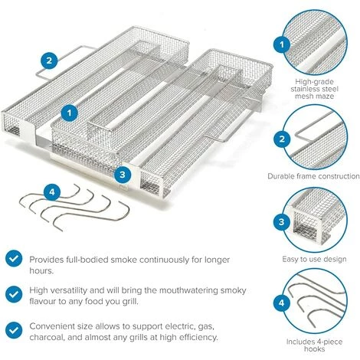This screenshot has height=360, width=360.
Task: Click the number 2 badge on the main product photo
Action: pyautogui.click(x=49, y=60)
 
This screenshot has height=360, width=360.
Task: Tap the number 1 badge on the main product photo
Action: pyautogui.click(x=69, y=113)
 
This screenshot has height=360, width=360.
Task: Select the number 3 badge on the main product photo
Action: pyautogui.click(x=123, y=175)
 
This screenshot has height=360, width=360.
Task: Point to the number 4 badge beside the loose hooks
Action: pyautogui.click(x=52, y=191)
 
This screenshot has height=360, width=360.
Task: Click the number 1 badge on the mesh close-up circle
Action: pyautogui.click(x=282, y=44)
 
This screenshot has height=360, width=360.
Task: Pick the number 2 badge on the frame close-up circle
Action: pyautogui.click(x=282, y=139)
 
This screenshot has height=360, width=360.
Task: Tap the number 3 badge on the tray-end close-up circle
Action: pyautogui.click(x=281, y=221)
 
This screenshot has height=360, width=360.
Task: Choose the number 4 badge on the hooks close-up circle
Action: pyautogui.click(x=281, y=303)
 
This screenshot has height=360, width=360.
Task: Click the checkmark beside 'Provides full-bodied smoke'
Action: pyautogui.click(x=14, y=258)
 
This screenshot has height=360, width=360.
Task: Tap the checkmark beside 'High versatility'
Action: pyautogui.click(x=14, y=294)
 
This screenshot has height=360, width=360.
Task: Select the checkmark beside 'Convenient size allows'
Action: pyautogui.click(x=14, y=330)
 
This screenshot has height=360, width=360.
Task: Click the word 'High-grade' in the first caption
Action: pyautogui.click(x=314, y=82)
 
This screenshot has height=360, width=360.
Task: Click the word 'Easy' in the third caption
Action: pyautogui.click(x=290, y=260)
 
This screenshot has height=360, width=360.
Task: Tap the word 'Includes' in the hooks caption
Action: pyautogui.click(x=300, y=342)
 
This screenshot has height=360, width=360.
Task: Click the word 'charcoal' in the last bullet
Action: pyautogui.click(x=47, y=337)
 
